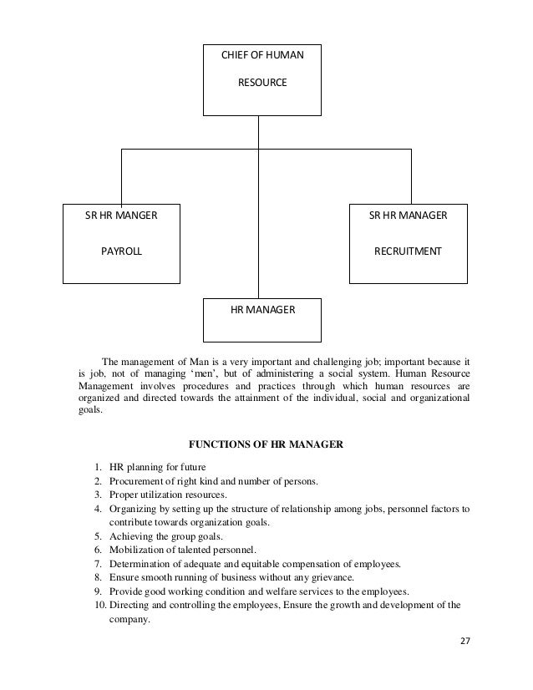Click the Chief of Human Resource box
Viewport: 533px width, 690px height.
[262, 79]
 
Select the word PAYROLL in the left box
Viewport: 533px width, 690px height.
[121, 250]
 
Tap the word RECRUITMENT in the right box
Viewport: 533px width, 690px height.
[408, 250]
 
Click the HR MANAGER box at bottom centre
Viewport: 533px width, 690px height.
[262, 310]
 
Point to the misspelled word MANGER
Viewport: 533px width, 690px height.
[138, 216]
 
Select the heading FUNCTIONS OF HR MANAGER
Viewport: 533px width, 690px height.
[267, 444]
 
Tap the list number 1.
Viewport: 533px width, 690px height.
[99, 466]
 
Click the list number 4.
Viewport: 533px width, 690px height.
[99, 509]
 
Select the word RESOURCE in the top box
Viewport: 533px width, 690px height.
[262, 84]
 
